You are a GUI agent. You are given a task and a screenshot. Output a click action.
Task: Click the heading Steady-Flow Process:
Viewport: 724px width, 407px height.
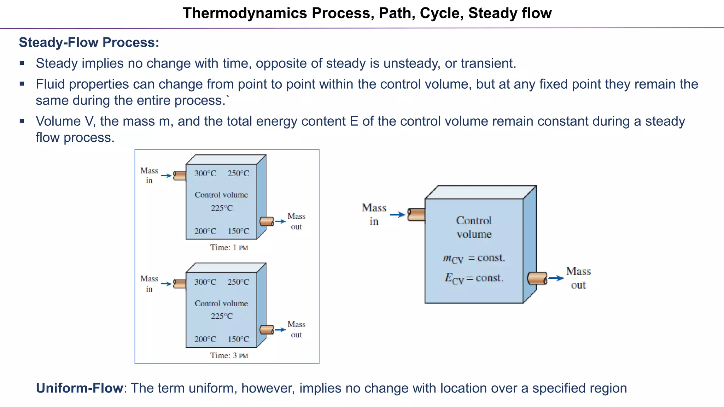[89, 42]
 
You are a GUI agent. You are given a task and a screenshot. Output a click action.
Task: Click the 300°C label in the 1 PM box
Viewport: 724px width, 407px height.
[205, 173]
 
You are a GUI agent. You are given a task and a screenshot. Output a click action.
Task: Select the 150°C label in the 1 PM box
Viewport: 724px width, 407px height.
[238, 231]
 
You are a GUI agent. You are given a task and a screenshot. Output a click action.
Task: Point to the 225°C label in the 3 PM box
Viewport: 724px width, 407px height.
[222, 316]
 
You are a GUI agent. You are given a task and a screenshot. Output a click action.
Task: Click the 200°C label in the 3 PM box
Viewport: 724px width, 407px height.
[205, 340]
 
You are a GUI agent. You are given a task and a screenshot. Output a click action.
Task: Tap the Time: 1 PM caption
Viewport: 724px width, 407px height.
[229, 248]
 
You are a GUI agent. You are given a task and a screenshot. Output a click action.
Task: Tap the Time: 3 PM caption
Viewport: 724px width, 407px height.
[229, 356]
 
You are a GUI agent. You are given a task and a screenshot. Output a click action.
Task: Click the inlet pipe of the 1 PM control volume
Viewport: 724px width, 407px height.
[180, 176]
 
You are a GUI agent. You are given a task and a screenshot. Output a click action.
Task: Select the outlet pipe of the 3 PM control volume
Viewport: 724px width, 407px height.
[267, 330]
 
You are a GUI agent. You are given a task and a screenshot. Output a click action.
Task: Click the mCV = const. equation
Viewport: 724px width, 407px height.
[474, 259]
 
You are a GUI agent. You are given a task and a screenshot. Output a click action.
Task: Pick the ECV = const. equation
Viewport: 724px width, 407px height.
[474, 279]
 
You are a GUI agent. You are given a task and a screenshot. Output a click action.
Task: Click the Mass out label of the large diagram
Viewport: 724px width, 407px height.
[578, 278]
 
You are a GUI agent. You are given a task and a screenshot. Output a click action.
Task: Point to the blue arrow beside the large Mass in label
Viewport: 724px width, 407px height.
[397, 214]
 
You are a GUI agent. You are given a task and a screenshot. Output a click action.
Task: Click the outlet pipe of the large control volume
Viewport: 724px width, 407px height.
[537, 278]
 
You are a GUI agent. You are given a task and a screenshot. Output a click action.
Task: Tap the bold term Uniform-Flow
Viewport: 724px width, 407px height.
[79, 388]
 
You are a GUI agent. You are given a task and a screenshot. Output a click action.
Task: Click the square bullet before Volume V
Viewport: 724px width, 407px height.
[22, 121]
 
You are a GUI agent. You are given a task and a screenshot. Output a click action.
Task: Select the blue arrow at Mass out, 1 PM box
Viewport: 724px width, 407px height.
[280, 222]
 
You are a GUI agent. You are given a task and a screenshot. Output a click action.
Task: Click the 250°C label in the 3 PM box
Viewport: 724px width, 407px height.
[238, 282]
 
